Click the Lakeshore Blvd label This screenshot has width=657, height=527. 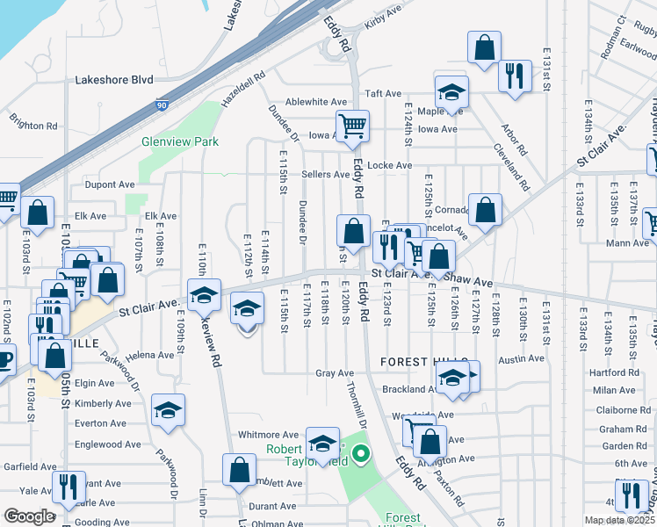pos(114,78)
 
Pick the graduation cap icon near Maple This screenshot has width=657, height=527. pos(451,92)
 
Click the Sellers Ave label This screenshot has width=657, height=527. pos(325,175)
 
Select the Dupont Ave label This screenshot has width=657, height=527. pos(110,185)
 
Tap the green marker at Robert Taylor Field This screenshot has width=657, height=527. pos(360,455)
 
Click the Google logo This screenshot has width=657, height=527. pos(30,516)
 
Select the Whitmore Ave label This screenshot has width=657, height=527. pos(269,435)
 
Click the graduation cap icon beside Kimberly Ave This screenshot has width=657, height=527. pos(167,409)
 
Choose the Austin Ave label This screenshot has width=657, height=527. pos(521,359)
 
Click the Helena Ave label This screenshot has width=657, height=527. pos(150,356)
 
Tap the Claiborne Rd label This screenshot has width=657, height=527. pos(622,409)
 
